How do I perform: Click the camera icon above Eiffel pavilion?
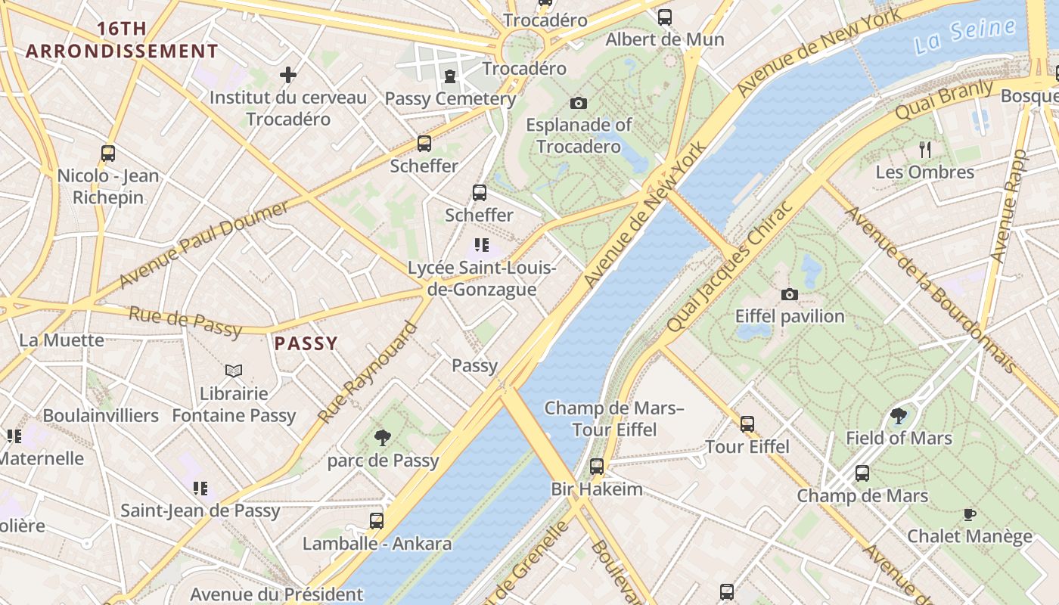(x=790, y=294)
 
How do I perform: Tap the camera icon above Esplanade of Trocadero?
(x=579, y=103)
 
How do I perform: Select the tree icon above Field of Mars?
(x=898, y=415)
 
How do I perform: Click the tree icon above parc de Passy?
(x=383, y=437)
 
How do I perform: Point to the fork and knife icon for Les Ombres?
(x=924, y=149)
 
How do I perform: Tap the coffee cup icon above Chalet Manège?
(x=969, y=514)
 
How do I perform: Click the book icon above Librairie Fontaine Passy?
(x=234, y=371)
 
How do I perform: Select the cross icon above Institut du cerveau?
(x=288, y=75)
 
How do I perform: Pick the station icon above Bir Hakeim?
(x=597, y=466)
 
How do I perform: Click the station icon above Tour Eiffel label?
(x=747, y=424)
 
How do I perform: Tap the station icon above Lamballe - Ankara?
(x=377, y=520)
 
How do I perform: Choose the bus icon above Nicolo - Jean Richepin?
(x=108, y=154)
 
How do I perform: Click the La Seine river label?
(x=964, y=36)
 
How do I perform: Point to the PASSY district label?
(x=306, y=344)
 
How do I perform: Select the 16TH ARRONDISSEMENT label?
(x=122, y=41)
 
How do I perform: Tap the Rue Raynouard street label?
(x=368, y=373)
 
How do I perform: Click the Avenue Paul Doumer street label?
(x=204, y=244)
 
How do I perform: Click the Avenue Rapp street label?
(x=1010, y=206)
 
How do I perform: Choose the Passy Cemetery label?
(x=451, y=98)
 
